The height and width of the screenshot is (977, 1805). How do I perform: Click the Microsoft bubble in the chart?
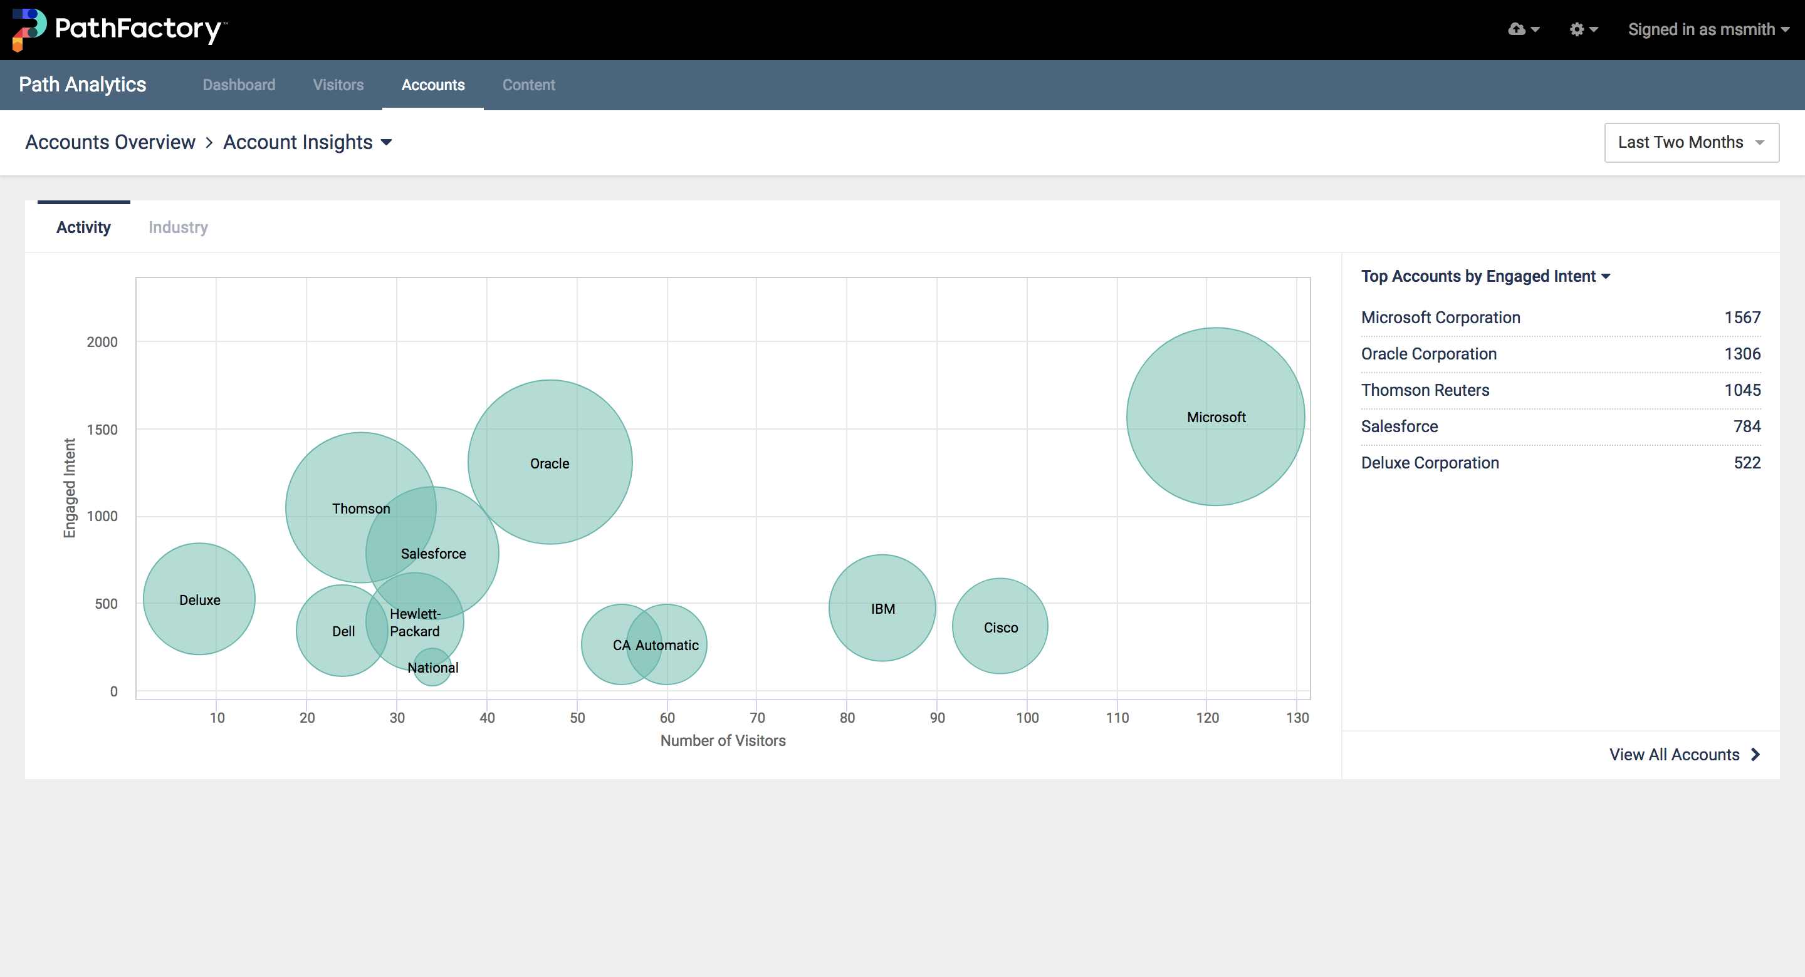pyautogui.click(x=1216, y=417)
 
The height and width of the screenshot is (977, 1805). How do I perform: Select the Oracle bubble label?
pyautogui.click(x=550, y=463)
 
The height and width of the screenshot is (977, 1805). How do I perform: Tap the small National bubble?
pyautogui.click(x=432, y=668)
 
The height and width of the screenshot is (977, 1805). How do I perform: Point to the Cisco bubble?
pyautogui.click(x=1000, y=628)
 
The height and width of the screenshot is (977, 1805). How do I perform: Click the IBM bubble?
pyautogui.click(x=882, y=609)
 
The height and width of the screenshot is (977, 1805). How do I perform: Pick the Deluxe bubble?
pyautogui.click(x=200, y=600)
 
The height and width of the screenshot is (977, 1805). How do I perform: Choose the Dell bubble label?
pyautogui.click(x=343, y=632)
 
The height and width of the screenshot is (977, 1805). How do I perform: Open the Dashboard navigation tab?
pyautogui.click(x=239, y=85)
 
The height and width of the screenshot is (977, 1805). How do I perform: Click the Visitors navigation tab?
pyautogui.click(x=338, y=85)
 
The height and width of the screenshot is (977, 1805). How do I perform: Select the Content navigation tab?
pyautogui.click(x=528, y=85)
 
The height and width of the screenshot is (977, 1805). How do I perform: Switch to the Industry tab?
pyautogui.click(x=178, y=227)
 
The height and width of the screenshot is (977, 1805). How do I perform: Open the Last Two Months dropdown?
pyautogui.click(x=1691, y=143)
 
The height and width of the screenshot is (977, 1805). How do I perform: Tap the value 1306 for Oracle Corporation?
pyautogui.click(x=1742, y=354)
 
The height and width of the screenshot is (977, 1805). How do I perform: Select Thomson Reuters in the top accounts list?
pyautogui.click(x=1425, y=390)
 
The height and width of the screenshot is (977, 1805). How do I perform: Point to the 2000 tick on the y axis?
pyautogui.click(x=102, y=342)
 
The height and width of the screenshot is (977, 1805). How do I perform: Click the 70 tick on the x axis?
pyautogui.click(x=756, y=718)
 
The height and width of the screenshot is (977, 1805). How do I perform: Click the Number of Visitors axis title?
pyautogui.click(x=723, y=741)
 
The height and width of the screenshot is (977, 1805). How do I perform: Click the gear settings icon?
pyautogui.click(x=1577, y=29)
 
